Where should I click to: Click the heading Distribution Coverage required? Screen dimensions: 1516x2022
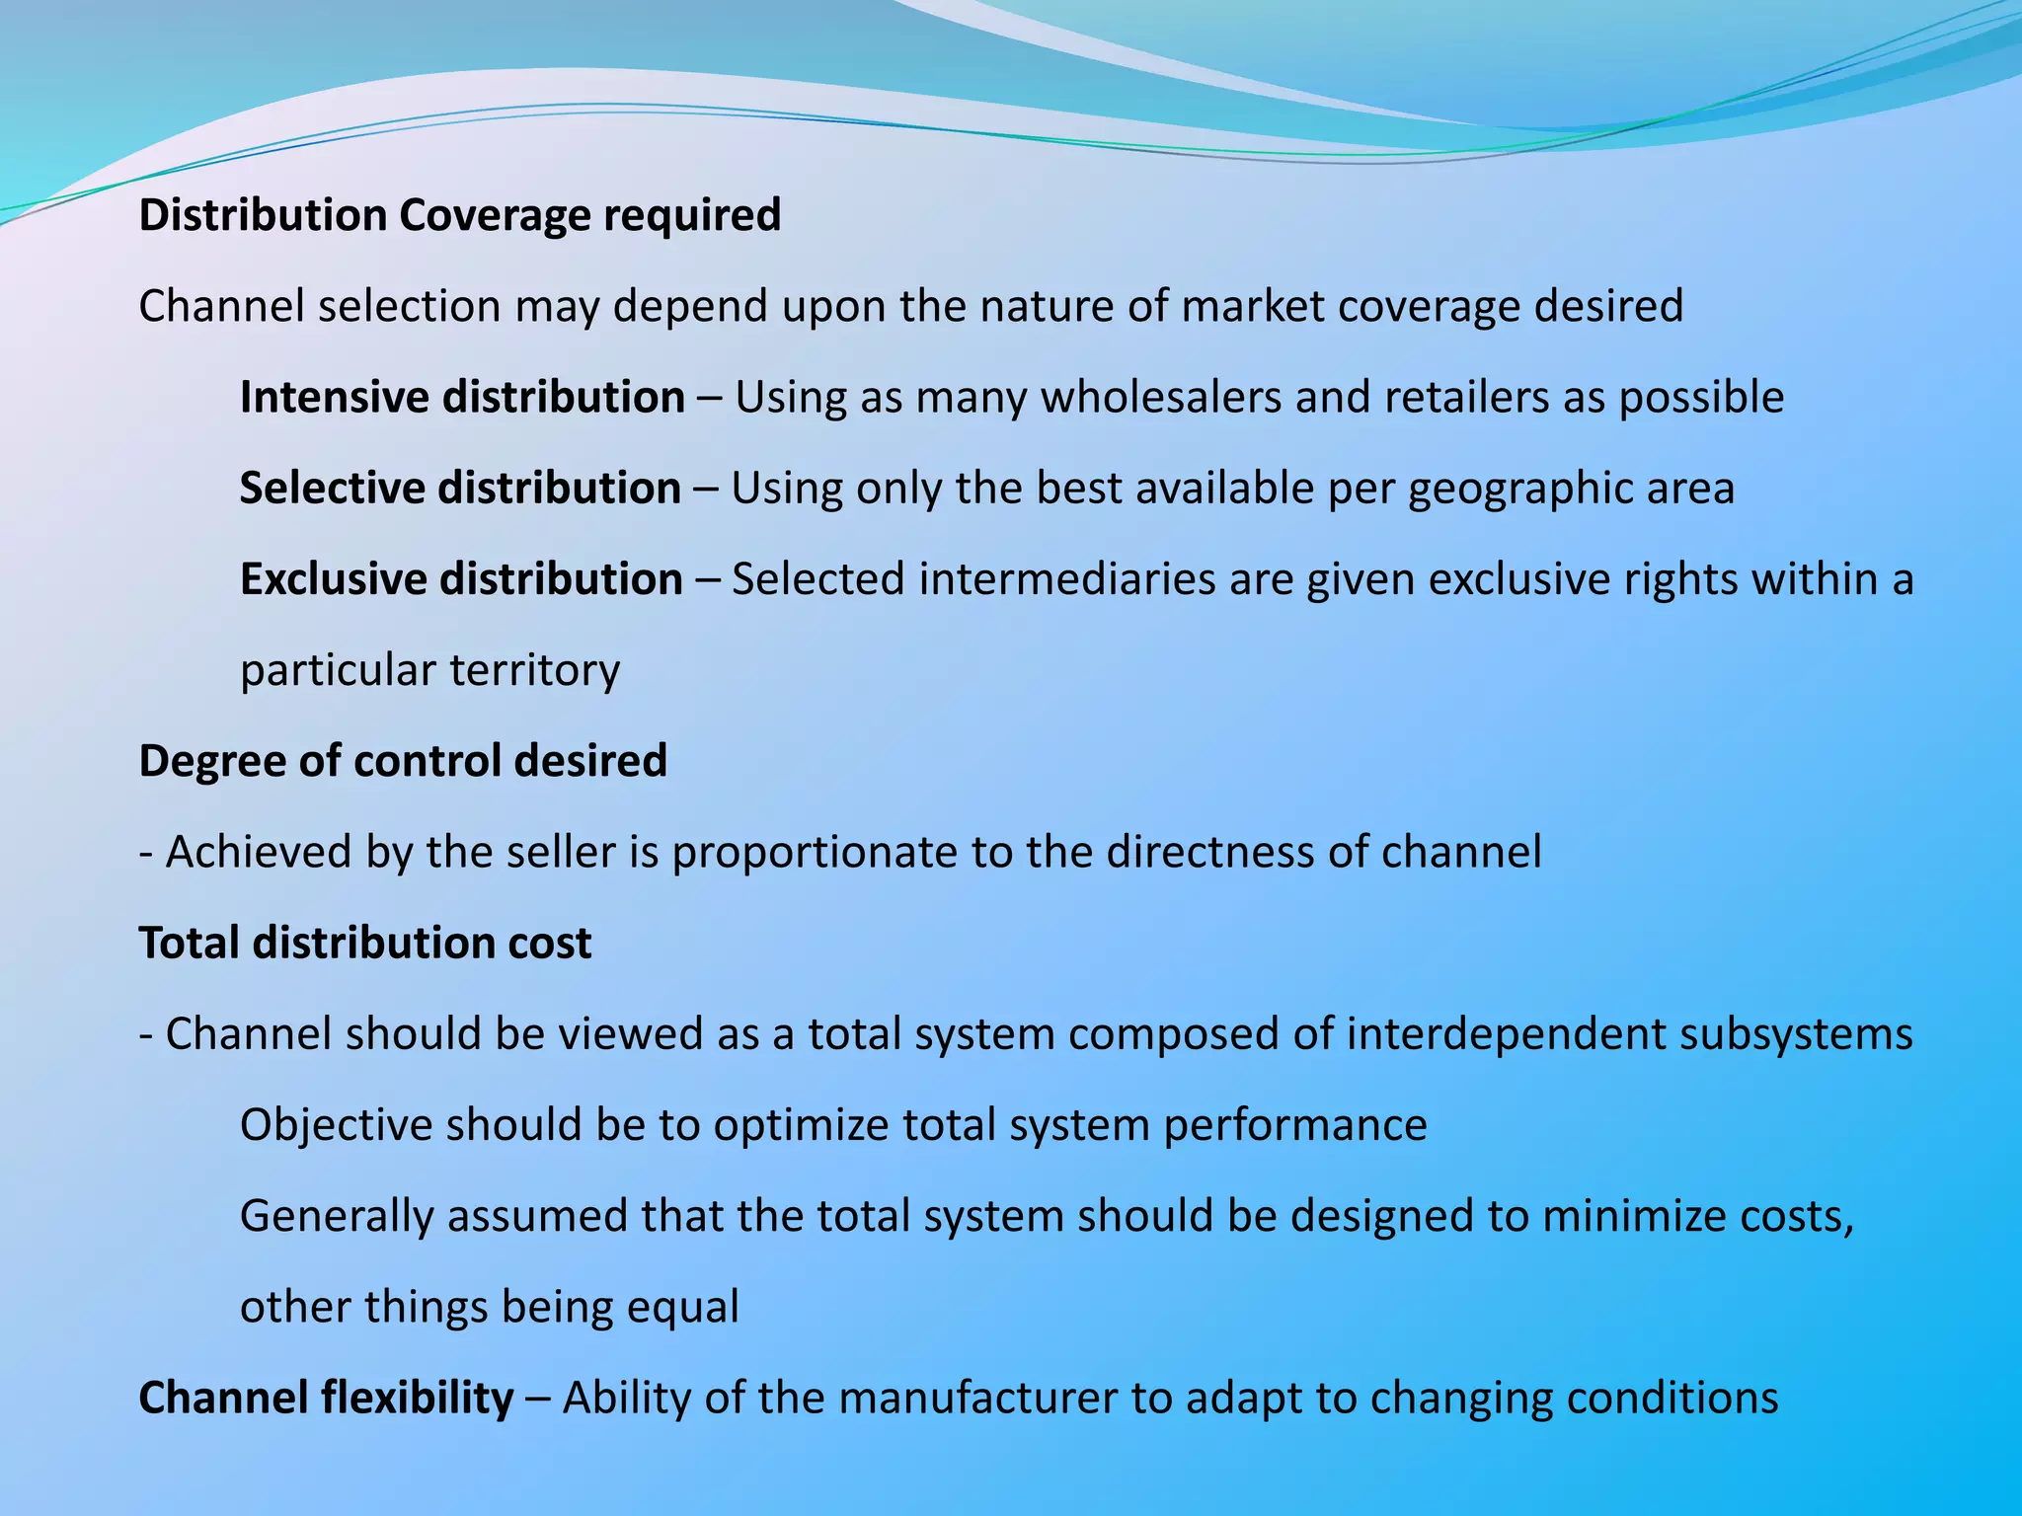[x=459, y=215]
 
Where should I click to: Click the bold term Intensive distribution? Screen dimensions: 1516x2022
[x=462, y=397]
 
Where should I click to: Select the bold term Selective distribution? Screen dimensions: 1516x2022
[x=460, y=488]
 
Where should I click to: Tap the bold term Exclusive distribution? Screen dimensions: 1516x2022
[x=461, y=578]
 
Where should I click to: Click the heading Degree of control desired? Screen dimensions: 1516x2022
[x=403, y=761]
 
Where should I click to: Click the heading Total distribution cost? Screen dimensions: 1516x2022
[x=364, y=943]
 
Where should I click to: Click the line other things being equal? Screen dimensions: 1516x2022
[x=489, y=1307]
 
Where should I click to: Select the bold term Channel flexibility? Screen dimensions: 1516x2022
[x=326, y=1398]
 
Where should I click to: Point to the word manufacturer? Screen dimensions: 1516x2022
[x=977, y=1398]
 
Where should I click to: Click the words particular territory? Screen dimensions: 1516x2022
[x=429, y=670]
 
